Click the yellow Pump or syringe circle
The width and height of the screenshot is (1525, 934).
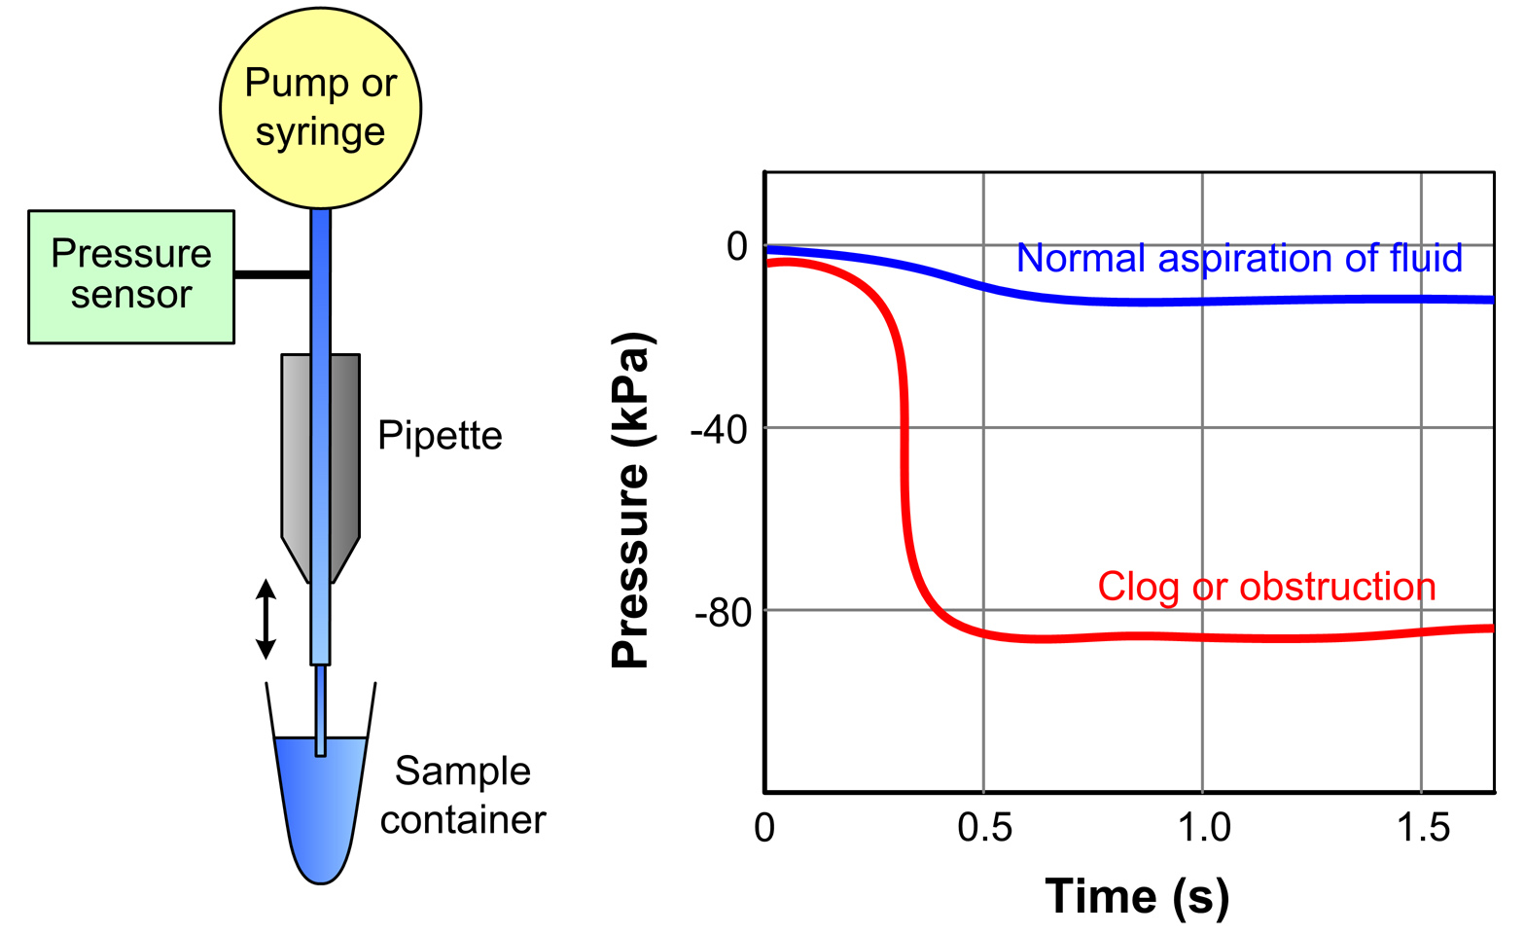(320, 108)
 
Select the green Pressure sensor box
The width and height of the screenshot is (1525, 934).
(131, 276)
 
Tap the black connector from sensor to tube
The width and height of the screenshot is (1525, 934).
(272, 275)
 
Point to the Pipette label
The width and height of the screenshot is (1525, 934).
(440, 435)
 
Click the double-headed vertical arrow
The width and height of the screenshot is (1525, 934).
(266, 619)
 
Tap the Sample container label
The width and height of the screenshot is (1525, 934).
(463, 795)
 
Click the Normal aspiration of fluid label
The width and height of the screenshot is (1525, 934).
(1239, 258)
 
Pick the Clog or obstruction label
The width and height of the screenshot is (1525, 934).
(1266, 587)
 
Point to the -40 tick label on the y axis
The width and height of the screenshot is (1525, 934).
(719, 428)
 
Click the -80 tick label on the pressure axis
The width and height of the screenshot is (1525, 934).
(722, 613)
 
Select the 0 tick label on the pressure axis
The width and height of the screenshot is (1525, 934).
(737, 246)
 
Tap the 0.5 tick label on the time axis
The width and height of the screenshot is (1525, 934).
(984, 828)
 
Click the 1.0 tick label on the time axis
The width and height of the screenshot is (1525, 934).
(1204, 828)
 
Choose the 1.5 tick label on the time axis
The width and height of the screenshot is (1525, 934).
(1423, 828)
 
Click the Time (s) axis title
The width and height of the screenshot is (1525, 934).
(1137, 895)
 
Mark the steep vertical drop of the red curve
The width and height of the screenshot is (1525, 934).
(905, 457)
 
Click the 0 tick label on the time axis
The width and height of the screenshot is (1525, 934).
(764, 828)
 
